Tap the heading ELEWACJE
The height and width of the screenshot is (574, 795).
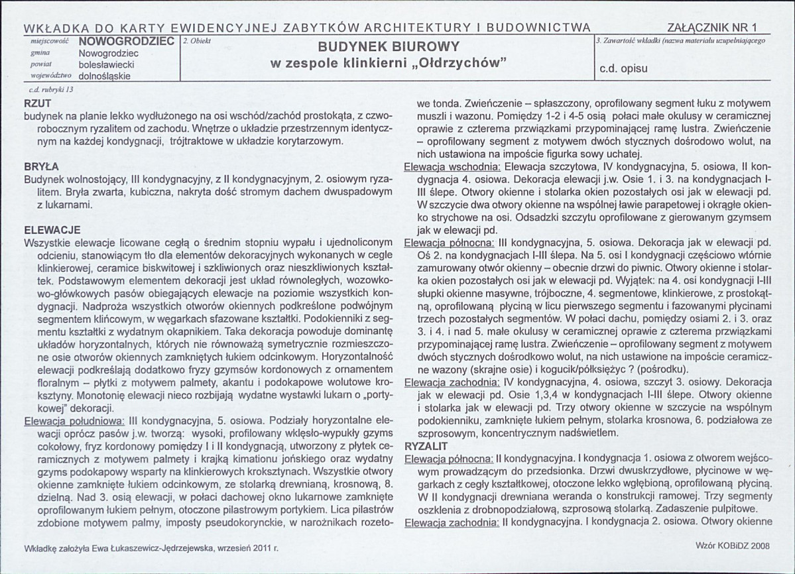coord(52,230)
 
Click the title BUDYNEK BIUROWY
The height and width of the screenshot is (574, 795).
coord(389,48)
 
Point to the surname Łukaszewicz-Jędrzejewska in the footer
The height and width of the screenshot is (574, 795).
coord(148,549)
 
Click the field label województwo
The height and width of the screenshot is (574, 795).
coord(46,76)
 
